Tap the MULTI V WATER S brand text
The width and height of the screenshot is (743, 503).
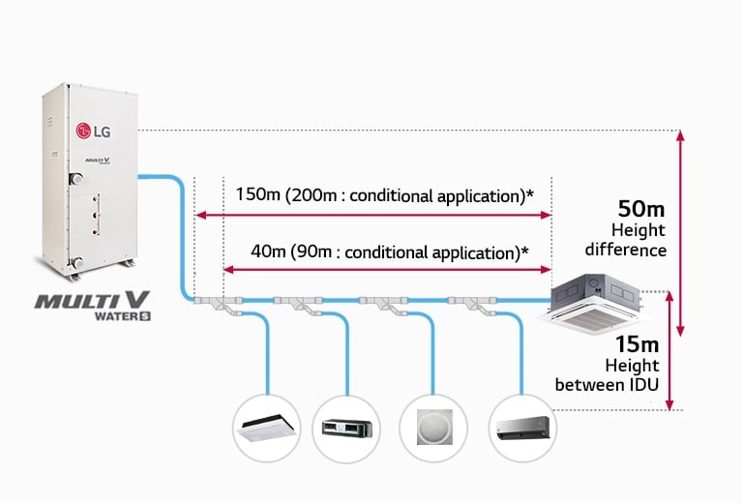(95, 306)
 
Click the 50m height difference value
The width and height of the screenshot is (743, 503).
(640, 208)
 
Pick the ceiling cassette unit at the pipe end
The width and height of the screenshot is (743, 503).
(597, 302)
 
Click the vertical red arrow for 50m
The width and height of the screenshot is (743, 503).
(680, 232)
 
